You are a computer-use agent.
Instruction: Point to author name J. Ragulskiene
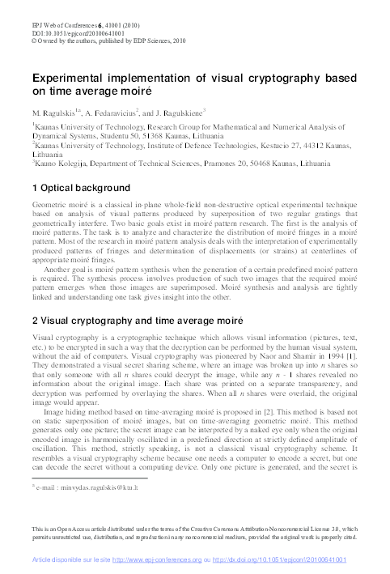click(180, 111)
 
